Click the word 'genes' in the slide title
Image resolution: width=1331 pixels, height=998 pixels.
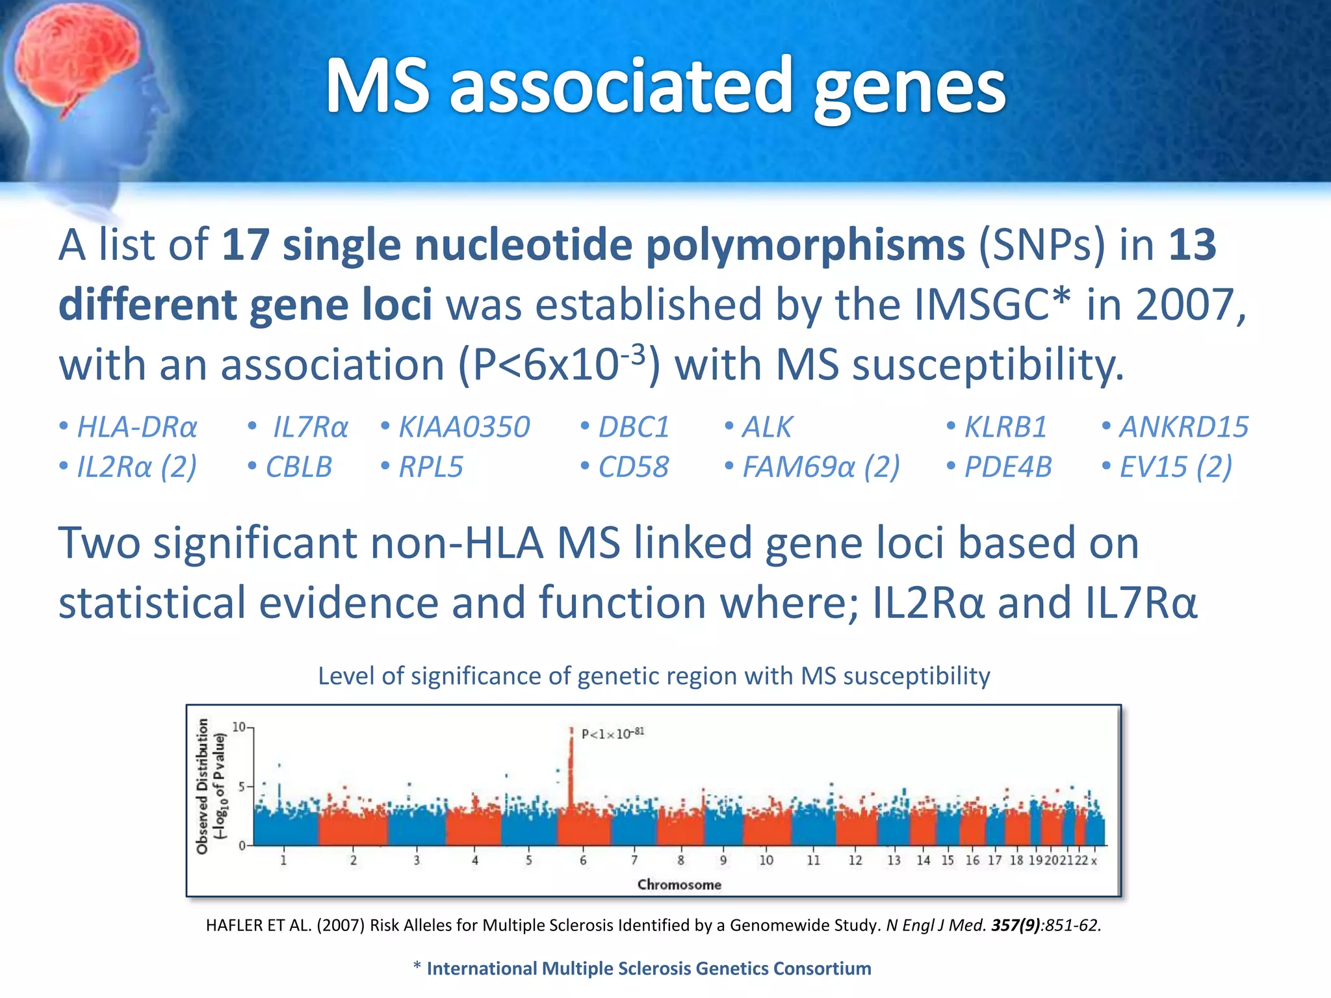pos(910,88)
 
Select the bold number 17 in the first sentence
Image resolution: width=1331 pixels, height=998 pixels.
pos(245,245)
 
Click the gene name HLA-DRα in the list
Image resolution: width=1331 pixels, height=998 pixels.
pos(136,428)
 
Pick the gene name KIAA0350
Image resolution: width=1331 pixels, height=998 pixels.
pos(464,428)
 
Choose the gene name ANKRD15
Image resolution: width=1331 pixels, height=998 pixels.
pos(1183,428)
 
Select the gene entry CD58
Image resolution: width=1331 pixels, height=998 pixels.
pos(633,467)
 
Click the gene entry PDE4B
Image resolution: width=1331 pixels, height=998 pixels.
pos(1007,467)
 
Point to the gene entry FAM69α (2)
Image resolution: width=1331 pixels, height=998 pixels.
pos(821,467)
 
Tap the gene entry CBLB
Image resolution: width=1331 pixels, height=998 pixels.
pos(298,467)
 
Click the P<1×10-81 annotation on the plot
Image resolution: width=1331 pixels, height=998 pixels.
pos(612,734)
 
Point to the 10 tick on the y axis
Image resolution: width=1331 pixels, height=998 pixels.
pos(239,727)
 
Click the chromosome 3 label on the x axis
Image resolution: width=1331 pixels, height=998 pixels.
pos(417,860)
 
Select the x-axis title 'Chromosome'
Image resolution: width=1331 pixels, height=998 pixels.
pos(679,885)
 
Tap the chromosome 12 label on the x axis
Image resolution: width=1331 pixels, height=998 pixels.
pos(855,860)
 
